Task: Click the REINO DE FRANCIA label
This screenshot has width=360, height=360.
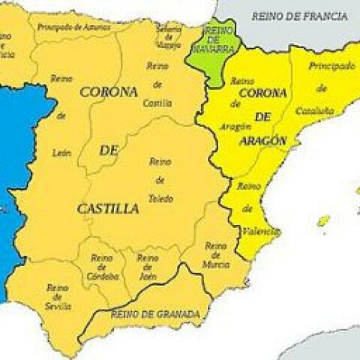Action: [x=299, y=16]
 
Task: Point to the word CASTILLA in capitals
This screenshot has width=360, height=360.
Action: [x=108, y=209]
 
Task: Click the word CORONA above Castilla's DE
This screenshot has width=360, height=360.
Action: [x=109, y=92]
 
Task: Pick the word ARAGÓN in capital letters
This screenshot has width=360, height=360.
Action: [x=263, y=140]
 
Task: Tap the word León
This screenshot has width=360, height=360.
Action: [x=61, y=153]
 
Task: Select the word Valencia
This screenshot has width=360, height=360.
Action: [x=262, y=232]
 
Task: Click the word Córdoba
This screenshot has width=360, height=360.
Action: [x=103, y=276]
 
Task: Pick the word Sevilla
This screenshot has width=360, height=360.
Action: [x=58, y=306]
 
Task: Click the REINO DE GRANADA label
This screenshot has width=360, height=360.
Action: [x=155, y=313]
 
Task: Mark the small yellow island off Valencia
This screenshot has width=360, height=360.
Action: [x=323, y=221]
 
